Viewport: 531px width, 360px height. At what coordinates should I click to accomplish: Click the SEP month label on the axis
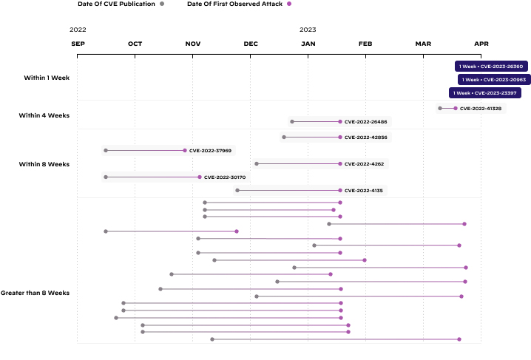78,44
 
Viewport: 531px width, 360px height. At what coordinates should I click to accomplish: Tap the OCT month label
135,44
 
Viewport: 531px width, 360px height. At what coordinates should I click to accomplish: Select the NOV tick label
192,44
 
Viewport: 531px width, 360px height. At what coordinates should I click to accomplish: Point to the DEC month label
251,44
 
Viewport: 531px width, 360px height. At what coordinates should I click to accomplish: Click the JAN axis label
308,44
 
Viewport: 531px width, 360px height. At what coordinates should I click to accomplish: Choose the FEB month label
365,44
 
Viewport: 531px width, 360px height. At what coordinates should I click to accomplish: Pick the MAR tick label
423,44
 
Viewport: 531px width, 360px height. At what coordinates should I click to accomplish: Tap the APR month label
481,44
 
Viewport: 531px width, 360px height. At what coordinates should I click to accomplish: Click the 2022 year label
78,30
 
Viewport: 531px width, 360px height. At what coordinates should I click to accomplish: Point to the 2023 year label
308,30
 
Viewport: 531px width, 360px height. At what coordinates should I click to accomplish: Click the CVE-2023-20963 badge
493,80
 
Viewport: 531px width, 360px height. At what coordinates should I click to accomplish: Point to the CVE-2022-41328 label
480,109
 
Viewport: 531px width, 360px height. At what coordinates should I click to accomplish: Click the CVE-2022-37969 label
210,151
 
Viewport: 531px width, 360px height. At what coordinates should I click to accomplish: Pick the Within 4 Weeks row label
44,115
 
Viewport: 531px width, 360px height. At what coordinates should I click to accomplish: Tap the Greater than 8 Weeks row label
35,293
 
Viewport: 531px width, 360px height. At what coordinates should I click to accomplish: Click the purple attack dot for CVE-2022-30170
200,177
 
